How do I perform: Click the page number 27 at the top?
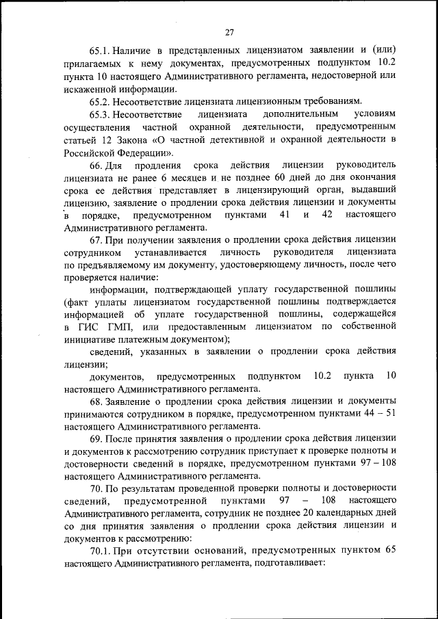[229, 31]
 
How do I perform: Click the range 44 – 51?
[378, 412]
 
